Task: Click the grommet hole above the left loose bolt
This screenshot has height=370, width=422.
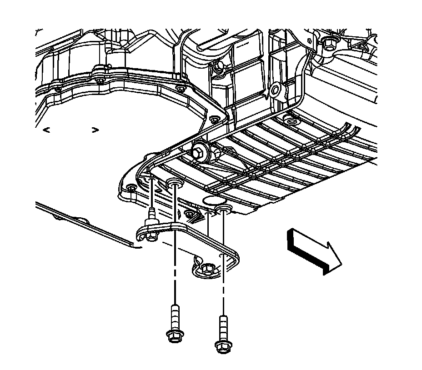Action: [175, 183]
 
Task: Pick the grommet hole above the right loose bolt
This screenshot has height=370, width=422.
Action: [223, 209]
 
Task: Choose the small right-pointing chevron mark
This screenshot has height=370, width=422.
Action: [95, 130]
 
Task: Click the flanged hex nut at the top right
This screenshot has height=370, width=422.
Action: [329, 43]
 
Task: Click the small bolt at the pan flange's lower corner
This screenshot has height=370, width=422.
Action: [131, 189]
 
